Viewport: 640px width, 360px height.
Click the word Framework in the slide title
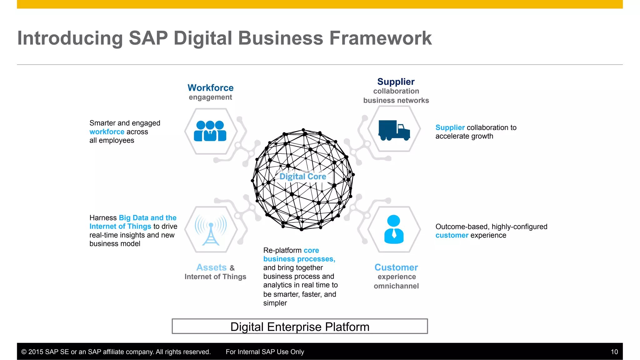[380, 38]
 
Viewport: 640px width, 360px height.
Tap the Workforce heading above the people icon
[210, 88]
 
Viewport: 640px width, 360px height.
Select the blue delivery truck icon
[394, 130]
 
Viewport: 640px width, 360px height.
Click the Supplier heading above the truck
[396, 82]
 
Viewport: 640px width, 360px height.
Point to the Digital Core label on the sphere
[302, 177]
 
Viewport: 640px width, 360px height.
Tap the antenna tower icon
[211, 230]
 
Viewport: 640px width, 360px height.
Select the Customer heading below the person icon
[396, 267]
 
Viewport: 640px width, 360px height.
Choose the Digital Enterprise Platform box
[300, 327]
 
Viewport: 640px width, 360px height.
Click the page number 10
[614, 352]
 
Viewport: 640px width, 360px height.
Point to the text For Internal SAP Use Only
[265, 352]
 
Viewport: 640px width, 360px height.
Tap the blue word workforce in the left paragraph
[107, 132]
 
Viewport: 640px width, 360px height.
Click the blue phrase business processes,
[299, 259]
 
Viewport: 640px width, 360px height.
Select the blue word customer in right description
[452, 235]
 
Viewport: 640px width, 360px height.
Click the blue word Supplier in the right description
[450, 127]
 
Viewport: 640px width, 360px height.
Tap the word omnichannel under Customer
[396, 286]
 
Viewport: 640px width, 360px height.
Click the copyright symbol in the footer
[24, 352]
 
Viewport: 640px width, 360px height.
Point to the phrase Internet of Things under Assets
[215, 277]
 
